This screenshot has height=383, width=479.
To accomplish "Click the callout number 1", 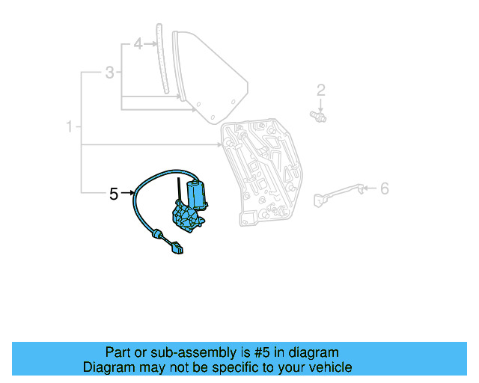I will tap(70, 127).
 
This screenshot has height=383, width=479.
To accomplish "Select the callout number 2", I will tap(321, 91).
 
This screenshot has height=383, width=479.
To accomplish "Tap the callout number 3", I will tap(109, 73).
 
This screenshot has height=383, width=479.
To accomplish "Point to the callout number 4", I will tap(138, 45).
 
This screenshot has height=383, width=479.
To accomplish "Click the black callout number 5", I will tap(114, 194).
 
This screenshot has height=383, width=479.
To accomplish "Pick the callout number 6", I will tap(385, 189).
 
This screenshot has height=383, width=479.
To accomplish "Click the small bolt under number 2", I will tap(319, 116).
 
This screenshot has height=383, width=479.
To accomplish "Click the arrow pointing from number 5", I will tap(127, 194).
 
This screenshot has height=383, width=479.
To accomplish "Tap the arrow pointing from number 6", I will tap(369, 189).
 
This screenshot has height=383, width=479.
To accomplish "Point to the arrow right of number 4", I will tap(150, 45).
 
